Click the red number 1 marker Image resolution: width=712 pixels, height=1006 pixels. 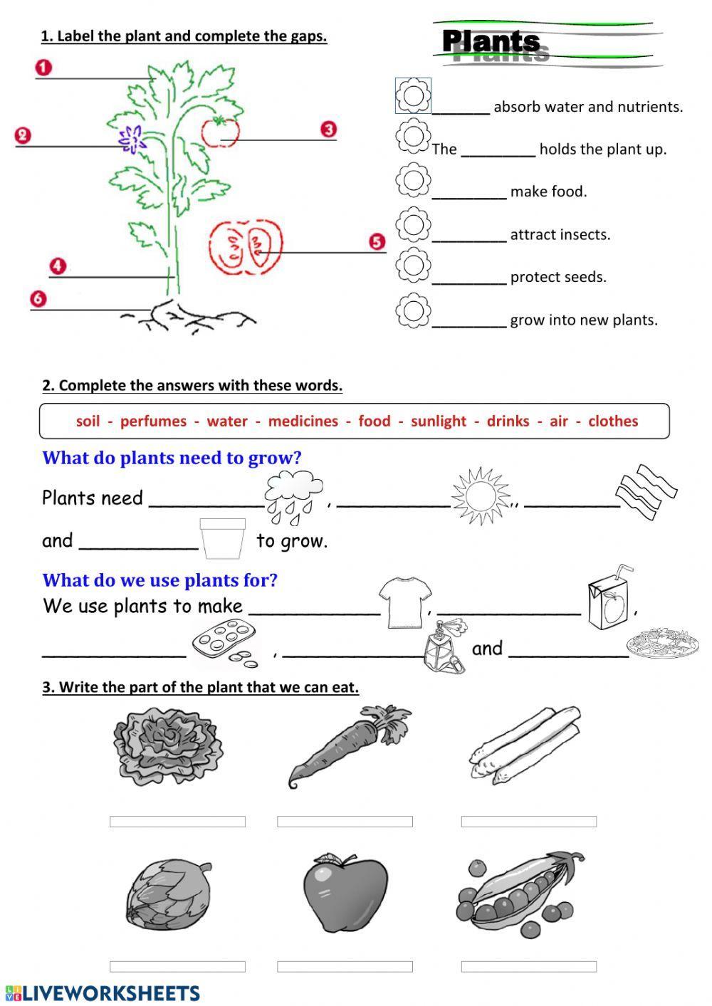pyautogui.click(x=43, y=68)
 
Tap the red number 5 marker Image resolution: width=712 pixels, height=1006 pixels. pyautogui.click(x=377, y=242)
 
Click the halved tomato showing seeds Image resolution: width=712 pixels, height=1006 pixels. pyautogui.click(x=246, y=246)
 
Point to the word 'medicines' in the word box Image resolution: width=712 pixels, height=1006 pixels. pyautogui.click(x=303, y=421)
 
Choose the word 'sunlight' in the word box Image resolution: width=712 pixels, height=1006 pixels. pyautogui.click(x=438, y=421)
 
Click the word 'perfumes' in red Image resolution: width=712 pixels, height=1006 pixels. pyautogui.click(x=153, y=421)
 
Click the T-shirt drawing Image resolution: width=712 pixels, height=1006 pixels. pyautogui.click(x=404, y=602)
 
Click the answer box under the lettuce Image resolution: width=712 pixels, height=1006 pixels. pyautogui.click(x=177, y=822)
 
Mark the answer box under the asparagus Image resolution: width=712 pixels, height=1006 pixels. pyautogui.click(x=528, y=822)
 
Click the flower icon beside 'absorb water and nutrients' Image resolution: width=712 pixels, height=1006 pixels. pyautogui.click(x=413, y=95)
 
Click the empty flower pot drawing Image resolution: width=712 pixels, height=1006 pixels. pyautogui.click(x=222, y=539)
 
